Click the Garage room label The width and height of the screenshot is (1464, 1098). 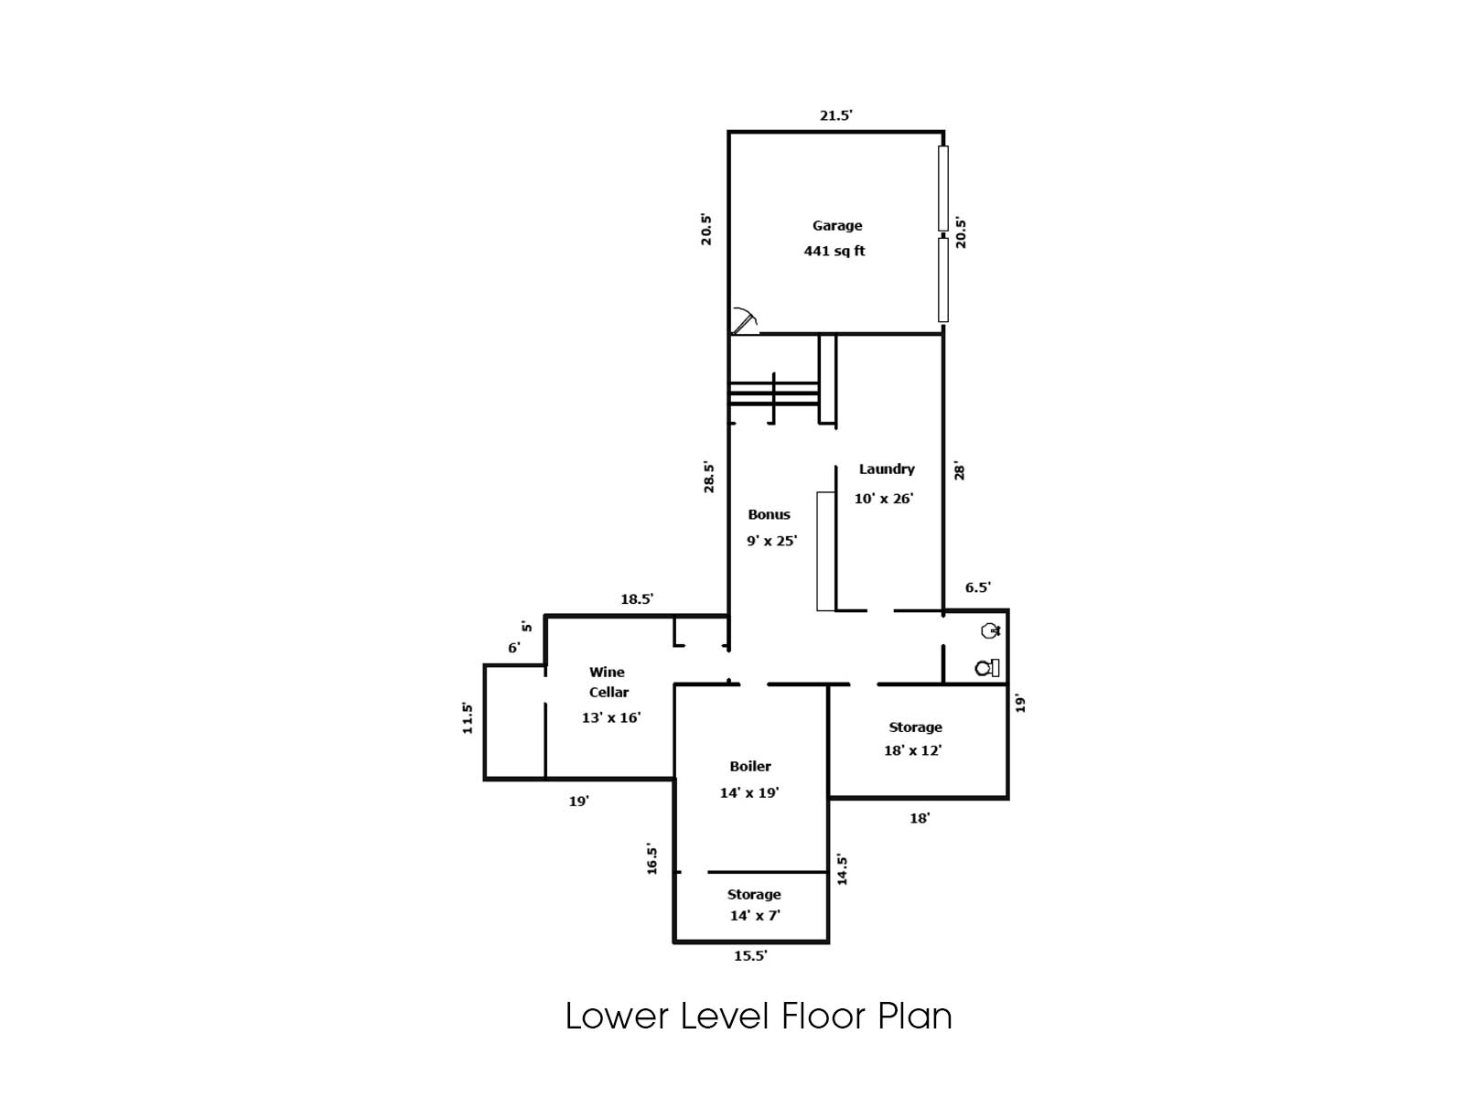(x=836, y=225)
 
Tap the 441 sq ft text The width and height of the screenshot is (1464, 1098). (x=834, y=251)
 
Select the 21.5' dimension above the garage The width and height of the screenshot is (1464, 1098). (x=835, y=115)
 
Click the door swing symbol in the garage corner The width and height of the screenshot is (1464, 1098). (x=744, y=322)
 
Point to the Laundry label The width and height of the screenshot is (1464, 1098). (x=886, y=468)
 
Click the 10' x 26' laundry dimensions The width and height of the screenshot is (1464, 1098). (x=883, y=499)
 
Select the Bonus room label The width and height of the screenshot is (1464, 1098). (x=769, y=514)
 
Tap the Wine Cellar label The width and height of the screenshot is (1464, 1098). (x=608, y=682)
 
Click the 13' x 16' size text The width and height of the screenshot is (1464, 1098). (x=610, y=717)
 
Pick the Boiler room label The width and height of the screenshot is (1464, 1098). (x=749, y=766)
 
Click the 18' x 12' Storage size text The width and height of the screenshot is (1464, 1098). (x=912, y=750)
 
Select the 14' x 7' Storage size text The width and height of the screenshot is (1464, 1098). (x=754, y=915)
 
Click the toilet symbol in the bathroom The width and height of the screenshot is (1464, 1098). (x=987, y=668)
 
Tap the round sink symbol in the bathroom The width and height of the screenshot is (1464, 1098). (x=990, y=630)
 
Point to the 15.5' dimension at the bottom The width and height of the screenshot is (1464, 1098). (x=749, y=955)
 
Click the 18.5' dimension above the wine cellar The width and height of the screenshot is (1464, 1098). (x=636, y=599)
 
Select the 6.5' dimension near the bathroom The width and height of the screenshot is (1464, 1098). (x=977, y=587)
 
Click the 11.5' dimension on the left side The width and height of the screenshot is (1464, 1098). (x=468, y=717)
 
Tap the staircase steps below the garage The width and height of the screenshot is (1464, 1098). (x=773, y=392)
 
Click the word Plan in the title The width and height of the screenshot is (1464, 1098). (x=915, y=1017)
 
